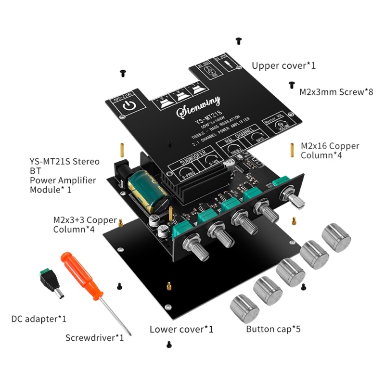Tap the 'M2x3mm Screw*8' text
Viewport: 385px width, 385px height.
pyautogui.click(x=336, y=91)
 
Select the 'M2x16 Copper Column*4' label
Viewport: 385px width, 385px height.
pyautogui.click(x=330, y=150)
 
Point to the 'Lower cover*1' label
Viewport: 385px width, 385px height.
pyautogui.click(x=181, y=329)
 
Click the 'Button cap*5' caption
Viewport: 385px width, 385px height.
pyautogui.click(x=273, y=329)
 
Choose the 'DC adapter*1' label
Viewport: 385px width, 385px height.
pyautogui.click(x=39, y=319)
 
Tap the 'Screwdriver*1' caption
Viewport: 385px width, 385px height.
pyautogui.click(x=95, y=337)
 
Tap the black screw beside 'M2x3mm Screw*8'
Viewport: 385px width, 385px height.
pyautogui.click(x=292, y=85)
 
